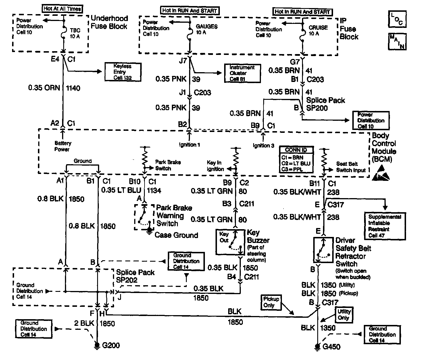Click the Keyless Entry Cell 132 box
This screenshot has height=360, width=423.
click(123, 72)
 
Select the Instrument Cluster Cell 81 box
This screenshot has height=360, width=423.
click(242, 73)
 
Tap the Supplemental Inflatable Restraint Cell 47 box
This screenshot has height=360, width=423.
click(385, 226)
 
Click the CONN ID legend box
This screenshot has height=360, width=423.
click(296, 160)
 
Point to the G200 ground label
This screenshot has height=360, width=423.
click(111, 345)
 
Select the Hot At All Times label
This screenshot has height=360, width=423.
click(62, 9)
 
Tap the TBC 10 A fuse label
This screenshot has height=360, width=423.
click(75, 33)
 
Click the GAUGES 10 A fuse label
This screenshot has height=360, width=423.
click(207, 29)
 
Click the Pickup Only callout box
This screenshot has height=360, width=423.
click(271, 302)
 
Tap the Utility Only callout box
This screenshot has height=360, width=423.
click(344, 315)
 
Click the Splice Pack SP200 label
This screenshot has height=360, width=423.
click(325, 104)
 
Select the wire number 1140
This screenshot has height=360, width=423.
click(73, 88)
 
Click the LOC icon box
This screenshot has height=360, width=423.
click(397, 19)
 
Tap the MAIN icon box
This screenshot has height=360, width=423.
click(397, 41)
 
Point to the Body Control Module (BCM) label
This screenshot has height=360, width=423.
click(384, 148)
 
